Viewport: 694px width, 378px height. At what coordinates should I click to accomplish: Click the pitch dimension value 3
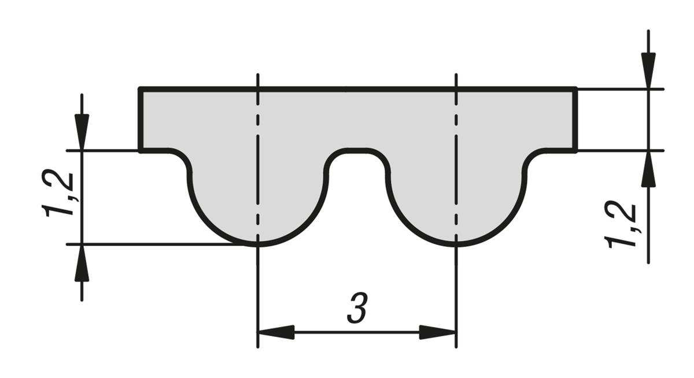click(357, 307)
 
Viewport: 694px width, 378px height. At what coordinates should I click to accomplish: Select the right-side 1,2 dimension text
click(620, 226)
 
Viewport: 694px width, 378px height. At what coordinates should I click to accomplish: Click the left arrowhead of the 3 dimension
click(276, 332)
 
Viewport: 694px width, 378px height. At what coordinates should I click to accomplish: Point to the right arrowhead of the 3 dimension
click(437, 332)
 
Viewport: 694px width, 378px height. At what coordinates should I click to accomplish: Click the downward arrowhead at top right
click(648, 71)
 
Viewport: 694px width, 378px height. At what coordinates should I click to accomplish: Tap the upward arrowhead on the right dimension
click(648, 169)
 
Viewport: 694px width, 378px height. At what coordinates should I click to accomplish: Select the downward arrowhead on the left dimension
click(82, 132)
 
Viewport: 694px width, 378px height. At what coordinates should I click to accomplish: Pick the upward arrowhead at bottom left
click(82, 263)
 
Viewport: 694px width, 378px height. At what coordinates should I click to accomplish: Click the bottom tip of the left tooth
click(258, 244)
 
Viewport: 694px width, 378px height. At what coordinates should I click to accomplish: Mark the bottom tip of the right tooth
click(456, 244)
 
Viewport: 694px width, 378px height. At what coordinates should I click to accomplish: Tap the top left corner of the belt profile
click(140, 90)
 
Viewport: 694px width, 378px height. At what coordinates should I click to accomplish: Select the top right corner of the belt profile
click(575, 90)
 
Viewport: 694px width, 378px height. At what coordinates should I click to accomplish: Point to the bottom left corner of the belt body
click(140, 151)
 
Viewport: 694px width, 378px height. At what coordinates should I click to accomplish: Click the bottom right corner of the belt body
click(575, 151)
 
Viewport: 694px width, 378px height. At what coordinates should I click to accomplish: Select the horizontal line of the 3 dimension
click(357, 332)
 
